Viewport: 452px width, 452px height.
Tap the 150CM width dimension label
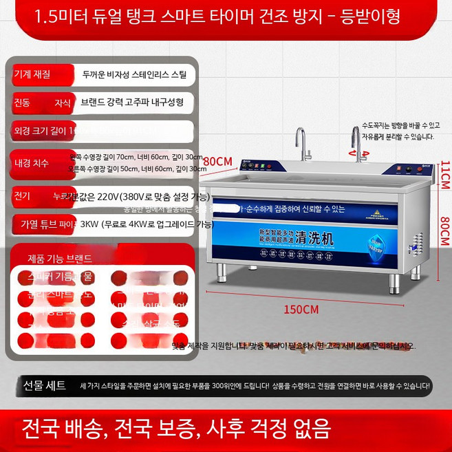pyautogui.click(x=301, y=309)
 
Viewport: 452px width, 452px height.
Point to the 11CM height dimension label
pyautogui.click(x=444, y=175)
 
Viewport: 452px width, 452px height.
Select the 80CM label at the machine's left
pyautogui.click(x=217, y=161)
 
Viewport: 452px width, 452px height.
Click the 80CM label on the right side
pyautogui.click(x=444, y=231)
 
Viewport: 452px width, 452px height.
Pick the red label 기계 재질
pyautogui.click(x=32, y=74)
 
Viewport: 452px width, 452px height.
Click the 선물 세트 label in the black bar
pyautogui.click(x=45, y=385)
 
